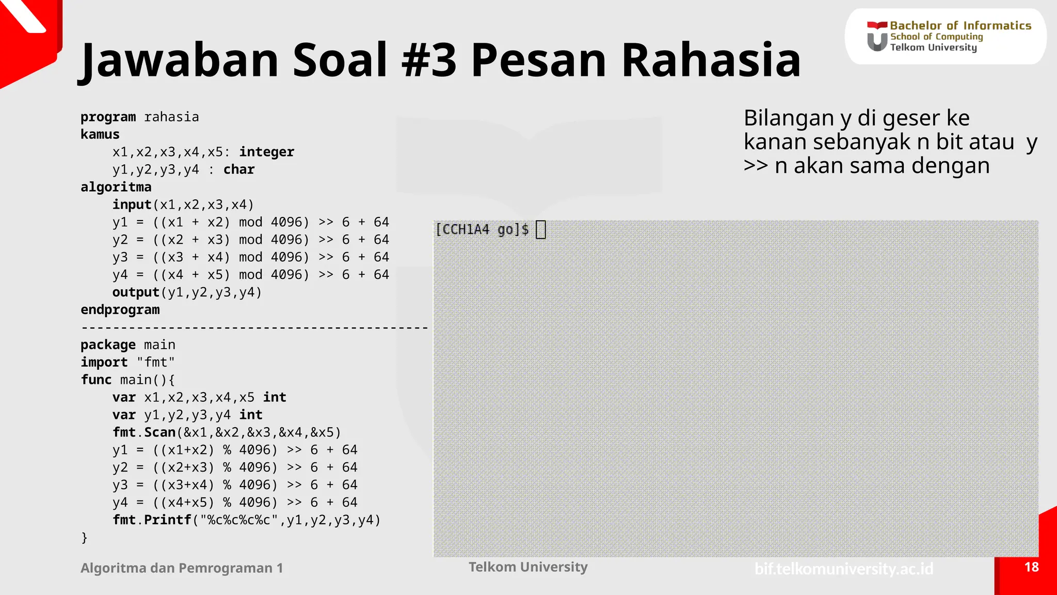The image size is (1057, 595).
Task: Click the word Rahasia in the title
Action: [x=711, y=60]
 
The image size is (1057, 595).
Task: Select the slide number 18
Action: [x=1031, y=567]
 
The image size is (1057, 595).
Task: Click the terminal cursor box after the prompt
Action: [x=540, y=229]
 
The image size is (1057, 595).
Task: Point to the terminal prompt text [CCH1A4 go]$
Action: [x=482, y=229]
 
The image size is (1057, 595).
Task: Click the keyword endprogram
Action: [x=120, y=310]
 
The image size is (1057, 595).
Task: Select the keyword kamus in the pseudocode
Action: [x=100, y=134]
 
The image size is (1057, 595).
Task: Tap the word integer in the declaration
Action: [x=266, y=152]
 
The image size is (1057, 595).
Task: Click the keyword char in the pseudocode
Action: [x=239, y=169]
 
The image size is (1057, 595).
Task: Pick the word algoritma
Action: [x=116, y=187]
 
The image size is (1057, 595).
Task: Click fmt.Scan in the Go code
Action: [x=144, y=432]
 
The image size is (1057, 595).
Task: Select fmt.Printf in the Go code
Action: [x=152, y=520]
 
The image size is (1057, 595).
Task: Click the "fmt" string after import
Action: [x=155, y=362]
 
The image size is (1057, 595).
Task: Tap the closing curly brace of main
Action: [x=84, y=538]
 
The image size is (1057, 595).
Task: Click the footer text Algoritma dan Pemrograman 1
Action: [x=182, y=568]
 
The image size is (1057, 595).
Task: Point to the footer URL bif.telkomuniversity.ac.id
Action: [x=844, y=569]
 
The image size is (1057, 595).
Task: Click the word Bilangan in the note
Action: [x=788, y=118]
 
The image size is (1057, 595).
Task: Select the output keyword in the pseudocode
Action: [x=136, y=292]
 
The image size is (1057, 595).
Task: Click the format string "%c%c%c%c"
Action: [x=239, y=520]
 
